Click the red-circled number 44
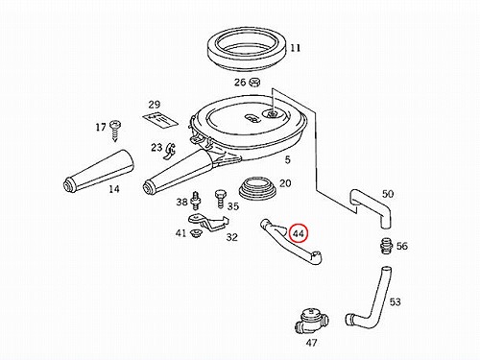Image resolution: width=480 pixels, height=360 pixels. (299, 233)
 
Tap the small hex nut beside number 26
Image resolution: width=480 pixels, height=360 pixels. (254, 83)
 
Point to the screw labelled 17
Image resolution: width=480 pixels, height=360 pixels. (114, 131)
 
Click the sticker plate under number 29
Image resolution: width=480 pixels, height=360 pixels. (159, 120)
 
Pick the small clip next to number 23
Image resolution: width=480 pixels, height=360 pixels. (171, 151)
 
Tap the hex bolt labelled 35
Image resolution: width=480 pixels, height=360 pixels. (220, 199)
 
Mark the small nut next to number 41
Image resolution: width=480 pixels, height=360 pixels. (195, 233)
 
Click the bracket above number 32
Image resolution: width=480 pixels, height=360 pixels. (208, 222)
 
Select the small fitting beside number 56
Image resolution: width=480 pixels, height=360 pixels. (385, 246)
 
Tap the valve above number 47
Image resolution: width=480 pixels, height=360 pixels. (310, 320)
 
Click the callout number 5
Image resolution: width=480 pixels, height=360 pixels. (288, 159)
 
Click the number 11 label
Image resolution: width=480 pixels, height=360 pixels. (296, 48)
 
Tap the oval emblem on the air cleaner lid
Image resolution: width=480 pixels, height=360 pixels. (252, 118)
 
